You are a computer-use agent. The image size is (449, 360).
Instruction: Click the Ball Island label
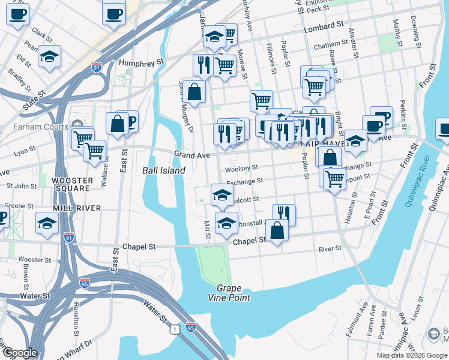click(163, 170)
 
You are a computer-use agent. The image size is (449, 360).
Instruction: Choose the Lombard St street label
click(322, 28)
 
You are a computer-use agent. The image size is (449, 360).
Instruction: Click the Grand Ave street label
click(191, 155)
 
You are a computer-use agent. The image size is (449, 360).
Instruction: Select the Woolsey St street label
click(241, 169)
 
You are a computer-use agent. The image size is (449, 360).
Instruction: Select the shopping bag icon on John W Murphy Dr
click(194, 92)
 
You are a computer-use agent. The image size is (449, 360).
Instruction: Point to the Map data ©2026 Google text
click(411, 355)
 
